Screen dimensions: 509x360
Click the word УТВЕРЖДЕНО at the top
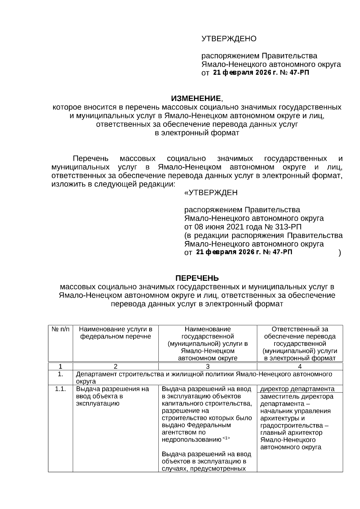229,39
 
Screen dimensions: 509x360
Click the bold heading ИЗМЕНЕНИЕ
196,98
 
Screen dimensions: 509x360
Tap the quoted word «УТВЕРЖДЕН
211,193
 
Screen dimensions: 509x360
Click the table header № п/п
60,329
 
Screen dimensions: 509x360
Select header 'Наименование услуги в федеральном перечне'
115,333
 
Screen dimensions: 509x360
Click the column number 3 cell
208,366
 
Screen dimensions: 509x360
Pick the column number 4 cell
300,366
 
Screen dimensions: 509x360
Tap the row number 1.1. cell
60,389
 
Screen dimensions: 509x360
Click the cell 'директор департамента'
297,389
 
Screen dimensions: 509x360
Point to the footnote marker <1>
226,438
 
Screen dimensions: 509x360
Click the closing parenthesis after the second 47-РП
339,253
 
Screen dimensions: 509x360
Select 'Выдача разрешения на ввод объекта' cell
112,396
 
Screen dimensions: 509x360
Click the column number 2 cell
115,366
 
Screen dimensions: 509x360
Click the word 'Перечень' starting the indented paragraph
91,158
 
